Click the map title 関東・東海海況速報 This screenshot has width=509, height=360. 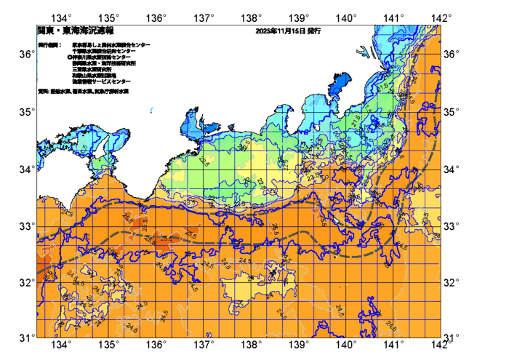tap(65, 31)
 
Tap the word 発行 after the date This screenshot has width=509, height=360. tap(313, 31)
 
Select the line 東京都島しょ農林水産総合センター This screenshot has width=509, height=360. tap(111, 45)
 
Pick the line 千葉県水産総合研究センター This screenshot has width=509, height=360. tap(105, 51)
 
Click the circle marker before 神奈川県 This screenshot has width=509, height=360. tap(69, 57)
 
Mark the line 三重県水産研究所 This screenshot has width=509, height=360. tap(92, 68)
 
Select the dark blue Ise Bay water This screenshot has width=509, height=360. tap(191, 124)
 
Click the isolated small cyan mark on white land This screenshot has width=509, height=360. tap(151, 111)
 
